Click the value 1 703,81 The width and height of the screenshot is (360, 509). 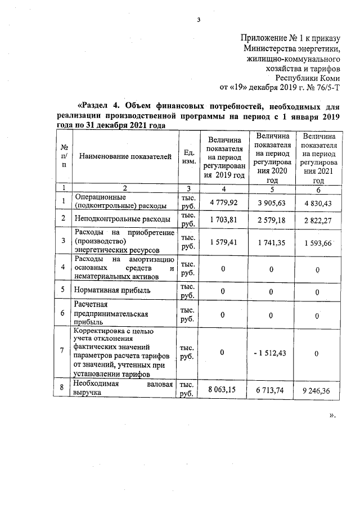tap(223, 220)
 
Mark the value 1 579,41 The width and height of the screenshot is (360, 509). tap(223, 242)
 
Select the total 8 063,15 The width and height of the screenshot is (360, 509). tap(223, 389)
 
